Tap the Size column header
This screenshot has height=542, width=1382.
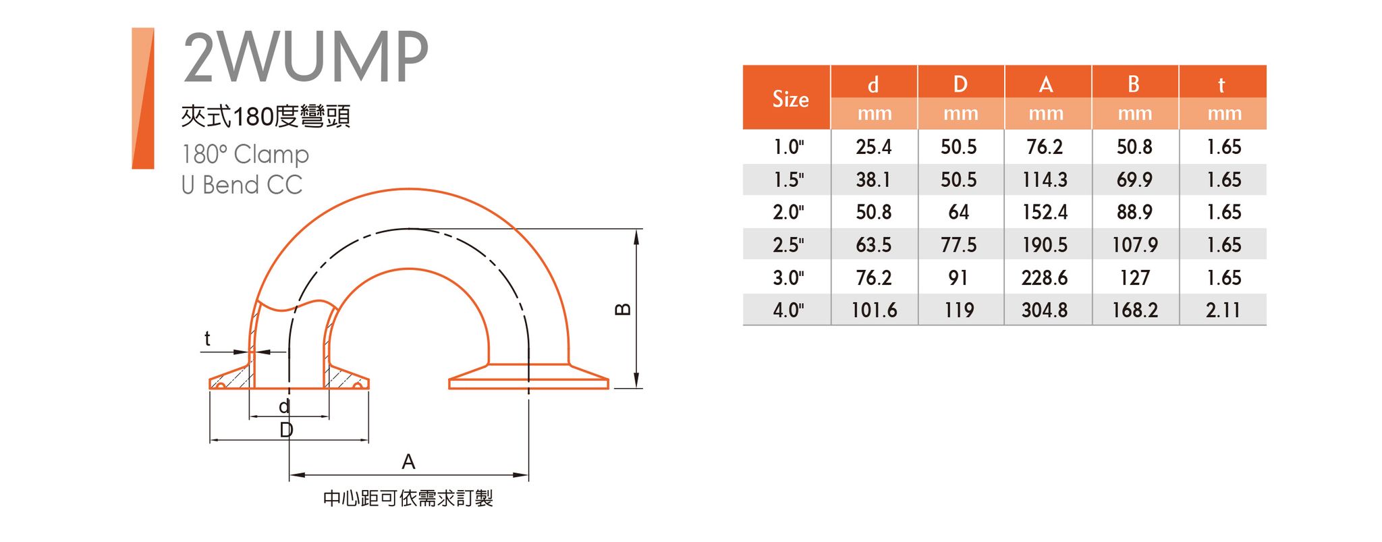(790, 99)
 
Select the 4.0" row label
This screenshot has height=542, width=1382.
(788, 310)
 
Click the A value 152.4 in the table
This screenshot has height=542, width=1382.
(1045, 213)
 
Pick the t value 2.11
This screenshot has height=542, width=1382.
(1223, 310)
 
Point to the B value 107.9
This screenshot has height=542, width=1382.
(1134, 245)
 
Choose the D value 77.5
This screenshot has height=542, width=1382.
(958, 245)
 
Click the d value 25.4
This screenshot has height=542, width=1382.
(873, 147)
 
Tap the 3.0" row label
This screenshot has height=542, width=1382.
(788, 277)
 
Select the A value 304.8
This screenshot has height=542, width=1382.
(1045, 310)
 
